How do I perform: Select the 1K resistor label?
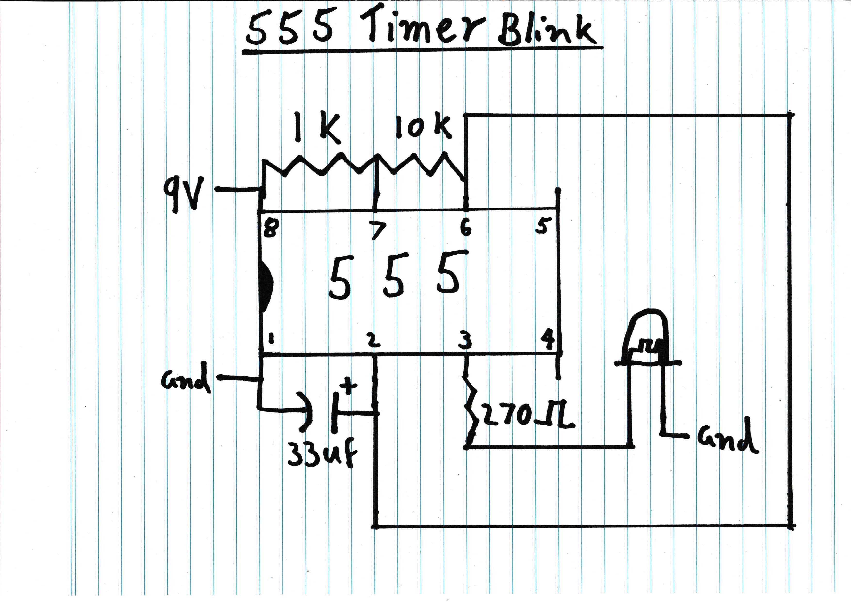pos(317,129)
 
